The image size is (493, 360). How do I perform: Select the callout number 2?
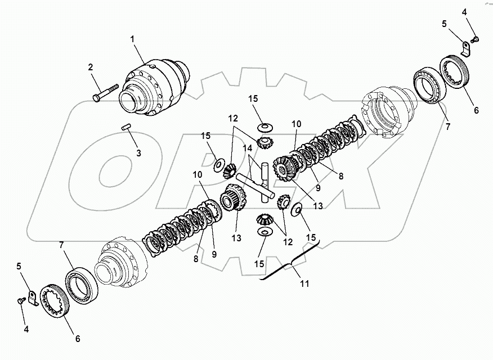[90, 67]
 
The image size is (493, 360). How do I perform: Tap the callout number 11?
[304, 284]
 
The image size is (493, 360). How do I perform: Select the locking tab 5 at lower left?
[33, 297]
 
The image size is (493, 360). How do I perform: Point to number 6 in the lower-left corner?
[78, 339]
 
